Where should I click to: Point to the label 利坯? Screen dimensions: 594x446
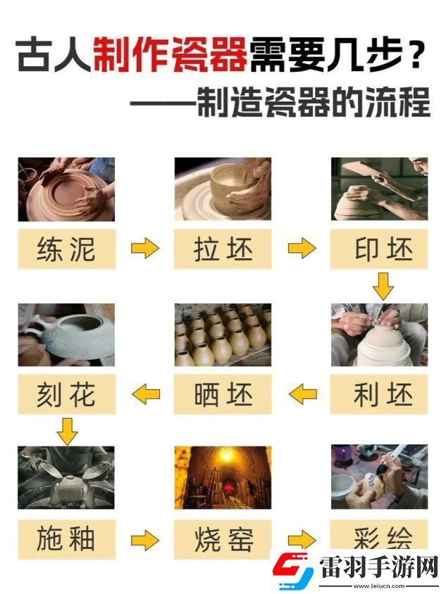(x=379, y=396)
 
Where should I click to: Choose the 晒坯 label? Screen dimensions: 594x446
(x=223, y=396)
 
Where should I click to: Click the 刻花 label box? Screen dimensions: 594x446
(x=66, y=396)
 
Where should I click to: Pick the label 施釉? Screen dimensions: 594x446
(x=66, y=541)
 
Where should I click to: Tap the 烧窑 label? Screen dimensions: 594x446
(x=223, y=541)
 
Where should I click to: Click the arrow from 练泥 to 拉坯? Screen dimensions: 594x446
(x=145, y=248)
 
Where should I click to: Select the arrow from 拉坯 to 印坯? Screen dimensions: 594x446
(x=302, y=248)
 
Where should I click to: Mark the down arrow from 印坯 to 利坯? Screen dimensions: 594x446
(x=383, y=287)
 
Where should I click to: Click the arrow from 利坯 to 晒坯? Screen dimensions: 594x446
(x=303, y=394)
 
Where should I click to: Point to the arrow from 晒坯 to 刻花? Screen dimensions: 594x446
(x=147, y=394)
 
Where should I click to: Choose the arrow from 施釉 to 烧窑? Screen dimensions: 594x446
(x=145, y=541)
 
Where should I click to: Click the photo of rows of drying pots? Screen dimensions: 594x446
(x=223, y=335)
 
